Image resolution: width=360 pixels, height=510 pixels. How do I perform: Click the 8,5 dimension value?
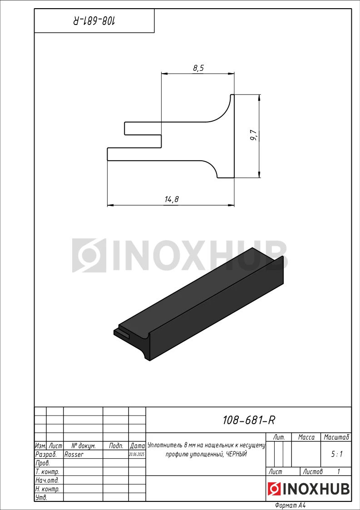(198, 68)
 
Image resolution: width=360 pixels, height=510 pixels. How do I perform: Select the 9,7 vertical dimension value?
(254, 136)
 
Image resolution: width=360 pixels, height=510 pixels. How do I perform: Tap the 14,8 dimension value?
(172, 199)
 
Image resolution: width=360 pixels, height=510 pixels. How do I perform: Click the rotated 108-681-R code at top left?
(94, 21)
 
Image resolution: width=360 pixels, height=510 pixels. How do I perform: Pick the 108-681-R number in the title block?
(249, 420)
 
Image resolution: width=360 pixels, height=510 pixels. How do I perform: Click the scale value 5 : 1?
(336, 455)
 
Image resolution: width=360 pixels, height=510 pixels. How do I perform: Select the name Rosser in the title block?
(74, 455)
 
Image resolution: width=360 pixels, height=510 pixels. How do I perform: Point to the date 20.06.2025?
(137, 455)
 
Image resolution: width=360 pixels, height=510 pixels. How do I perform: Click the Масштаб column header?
(336, 437)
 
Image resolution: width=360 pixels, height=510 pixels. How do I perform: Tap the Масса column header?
(306, 437)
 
